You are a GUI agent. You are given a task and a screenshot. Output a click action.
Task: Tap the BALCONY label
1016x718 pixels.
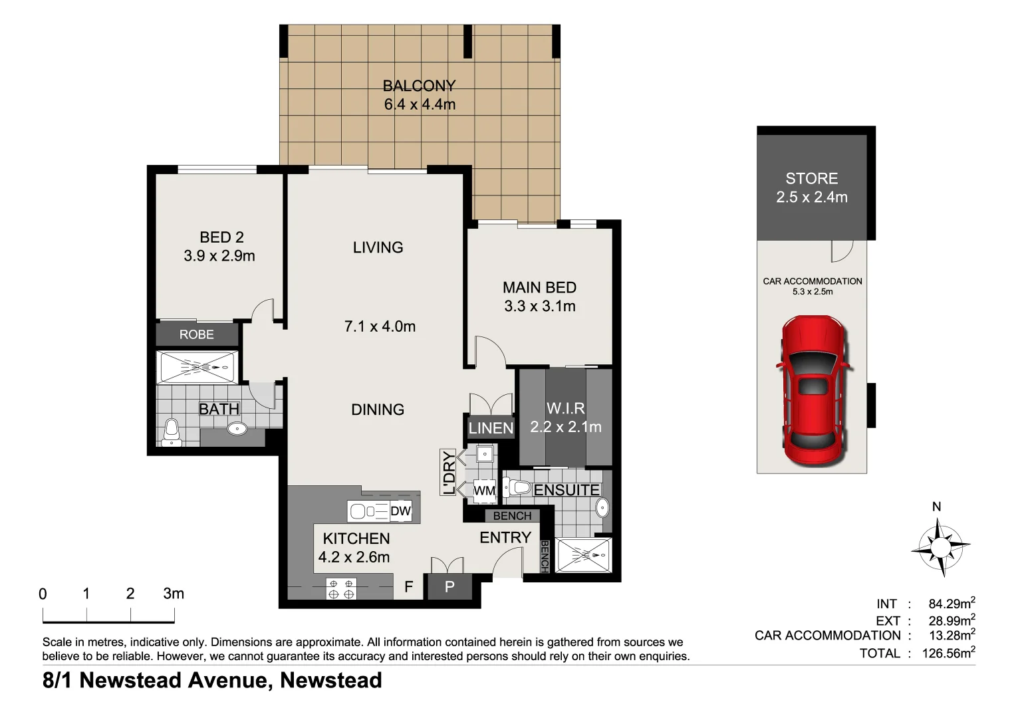click(419, 86)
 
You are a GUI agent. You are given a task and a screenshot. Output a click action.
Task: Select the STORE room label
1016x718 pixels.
click(811, 178)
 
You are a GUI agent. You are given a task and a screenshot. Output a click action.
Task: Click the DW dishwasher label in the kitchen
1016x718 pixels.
click(400, 511)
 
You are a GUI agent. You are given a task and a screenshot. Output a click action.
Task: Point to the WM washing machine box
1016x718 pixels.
click(484, 491)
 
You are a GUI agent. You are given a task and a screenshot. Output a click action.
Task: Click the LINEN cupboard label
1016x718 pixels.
click(491, 428)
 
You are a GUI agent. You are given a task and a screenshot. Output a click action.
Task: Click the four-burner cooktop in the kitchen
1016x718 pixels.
click(341, 588)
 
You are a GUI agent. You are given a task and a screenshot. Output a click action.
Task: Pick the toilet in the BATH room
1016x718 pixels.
click(172, 431)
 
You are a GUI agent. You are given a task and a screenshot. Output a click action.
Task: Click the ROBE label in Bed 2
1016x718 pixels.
click(197, 334)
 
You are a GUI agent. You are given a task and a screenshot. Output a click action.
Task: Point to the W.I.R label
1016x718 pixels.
click(565, 408)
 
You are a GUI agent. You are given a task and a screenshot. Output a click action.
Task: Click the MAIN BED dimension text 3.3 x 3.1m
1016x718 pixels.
click(539, 306)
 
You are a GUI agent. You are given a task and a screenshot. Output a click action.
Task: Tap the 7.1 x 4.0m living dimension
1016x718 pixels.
click(380, 326)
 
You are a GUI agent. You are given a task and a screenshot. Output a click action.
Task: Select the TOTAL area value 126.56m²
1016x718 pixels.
click(948, 653)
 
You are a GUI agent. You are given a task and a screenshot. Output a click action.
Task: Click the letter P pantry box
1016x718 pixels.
click(449, 588)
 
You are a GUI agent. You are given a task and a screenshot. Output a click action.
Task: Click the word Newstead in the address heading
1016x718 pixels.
click(330, 681)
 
